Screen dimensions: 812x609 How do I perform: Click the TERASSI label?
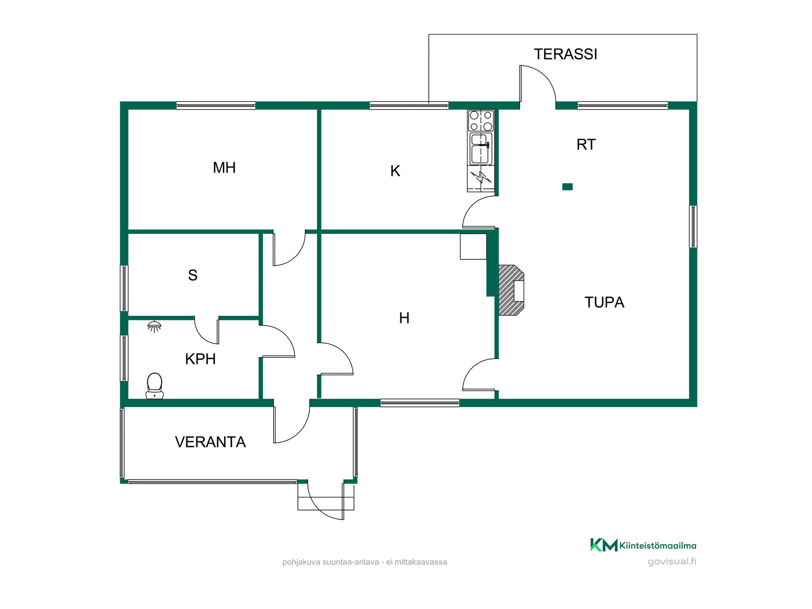click(x=565, y=54)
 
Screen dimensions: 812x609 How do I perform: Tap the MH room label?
click(x=224, y=168)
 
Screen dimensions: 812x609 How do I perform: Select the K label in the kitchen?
click(x=395, y=171)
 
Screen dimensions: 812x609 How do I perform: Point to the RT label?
click(x=586, y=145)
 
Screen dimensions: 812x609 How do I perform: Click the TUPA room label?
click(x=604, y=302)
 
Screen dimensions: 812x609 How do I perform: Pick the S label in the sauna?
click(x=192, y=275)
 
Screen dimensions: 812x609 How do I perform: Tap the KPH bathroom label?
click(x=200, y=359)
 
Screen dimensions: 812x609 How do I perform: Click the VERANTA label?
click(x=210, y=442)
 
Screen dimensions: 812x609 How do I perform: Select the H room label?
click(x=404, y=318)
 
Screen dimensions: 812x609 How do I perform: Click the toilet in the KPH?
click(x=154, y=386)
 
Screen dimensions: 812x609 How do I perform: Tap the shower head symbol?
click(x=154, y=326)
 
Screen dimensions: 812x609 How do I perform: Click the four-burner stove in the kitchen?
click(x=481, y=121)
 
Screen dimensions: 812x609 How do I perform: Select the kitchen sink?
click(x=481, y=148)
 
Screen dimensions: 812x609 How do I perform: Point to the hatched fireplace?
click(x=511, y=290)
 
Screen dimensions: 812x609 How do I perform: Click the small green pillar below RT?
click(x=568, y=187)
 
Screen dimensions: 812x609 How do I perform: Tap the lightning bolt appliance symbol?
click(x=481, y=177)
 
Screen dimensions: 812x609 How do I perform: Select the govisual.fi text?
click(x=672, y=562)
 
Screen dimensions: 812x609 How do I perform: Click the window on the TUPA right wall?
click(x=693, y=227)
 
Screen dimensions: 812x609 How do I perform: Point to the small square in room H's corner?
click(x=473, y=247)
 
